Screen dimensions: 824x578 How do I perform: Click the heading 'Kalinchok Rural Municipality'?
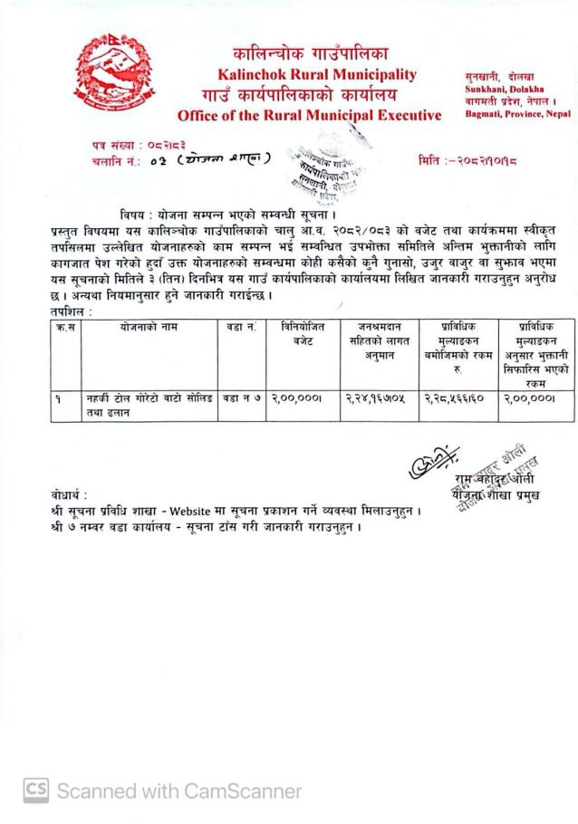tap(316, 74)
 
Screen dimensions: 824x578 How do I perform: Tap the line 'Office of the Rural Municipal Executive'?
tap(309, 115)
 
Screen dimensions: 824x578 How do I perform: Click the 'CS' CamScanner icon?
tap(35, 790)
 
